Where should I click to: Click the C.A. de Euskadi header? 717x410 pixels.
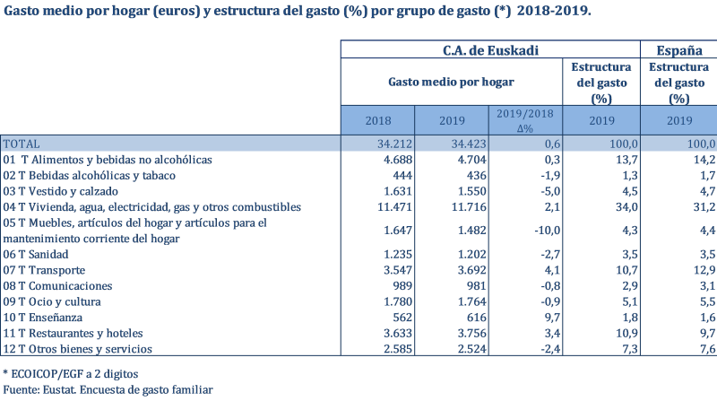coord(490,50)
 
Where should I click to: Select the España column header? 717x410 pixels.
coord(679,50)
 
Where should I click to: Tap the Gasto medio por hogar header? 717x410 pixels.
coord(451,82)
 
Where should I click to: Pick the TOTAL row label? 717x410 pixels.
coord(22,144)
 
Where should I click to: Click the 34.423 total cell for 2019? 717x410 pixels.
coord(462,144)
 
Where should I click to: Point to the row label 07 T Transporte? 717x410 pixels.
coord(45,270)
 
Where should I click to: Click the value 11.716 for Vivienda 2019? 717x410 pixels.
coord(462,207)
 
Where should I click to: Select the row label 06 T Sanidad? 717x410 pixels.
coord(37,255)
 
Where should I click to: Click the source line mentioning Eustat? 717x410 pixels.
coord(108,389)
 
